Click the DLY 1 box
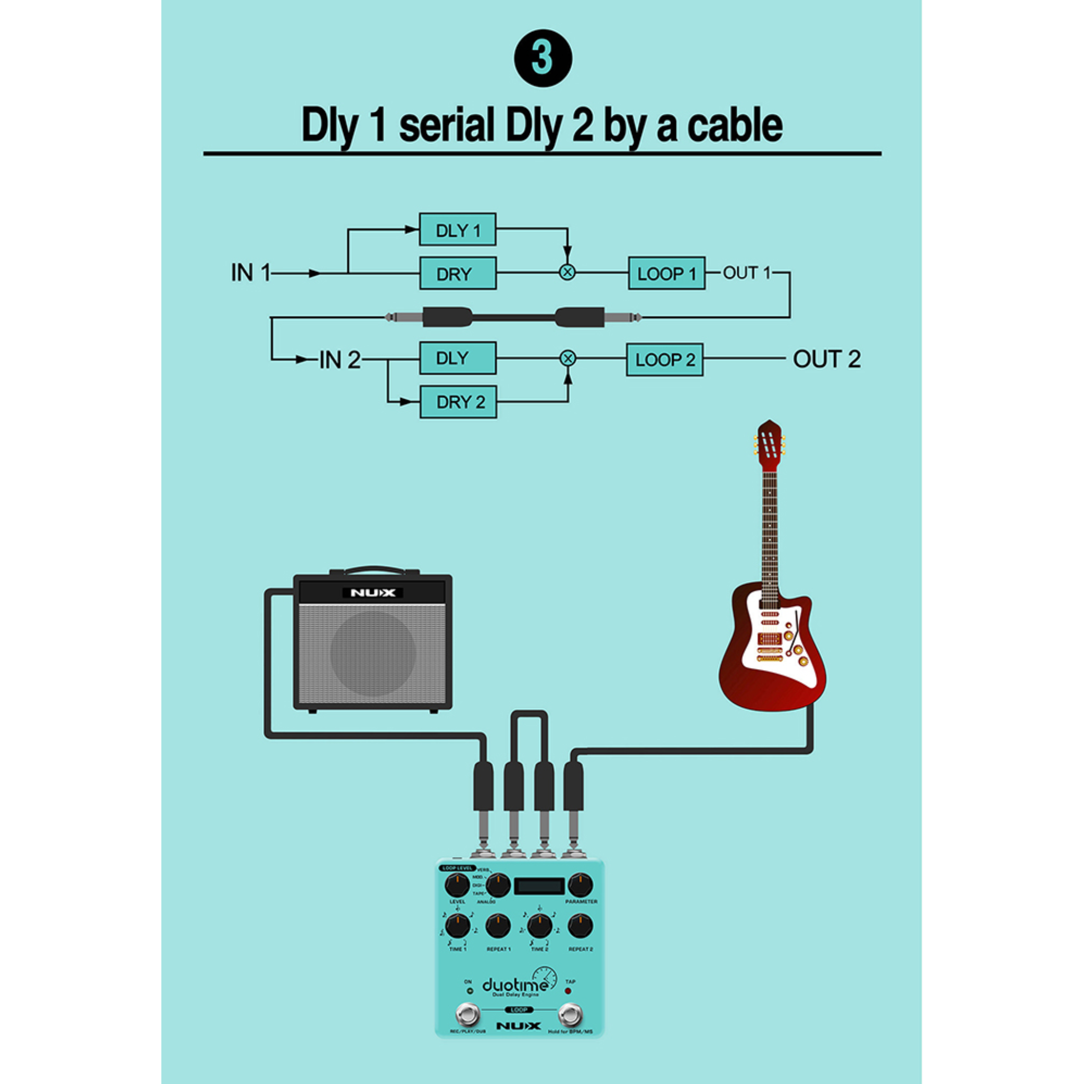tap(457, 230)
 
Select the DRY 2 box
tap(458, 402)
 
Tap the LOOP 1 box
tap(666, 274)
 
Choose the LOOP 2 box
tap(664, 359)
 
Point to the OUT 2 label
tap(826, 359)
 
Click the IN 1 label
tap(250, 273)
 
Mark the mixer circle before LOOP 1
tap(567, 273)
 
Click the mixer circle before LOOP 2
tap(568, 358)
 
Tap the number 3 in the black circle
tap(543, 58)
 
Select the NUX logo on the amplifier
tap(373, 592)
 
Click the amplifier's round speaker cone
tap(373, 653)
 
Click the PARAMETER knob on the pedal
tap(580, 885)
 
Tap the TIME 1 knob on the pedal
tap(457, 926)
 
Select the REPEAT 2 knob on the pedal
tap(580, 926)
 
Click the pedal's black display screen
tap(539, 886)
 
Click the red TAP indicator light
tap(568, 991)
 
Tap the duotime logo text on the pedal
tap(514, 985)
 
